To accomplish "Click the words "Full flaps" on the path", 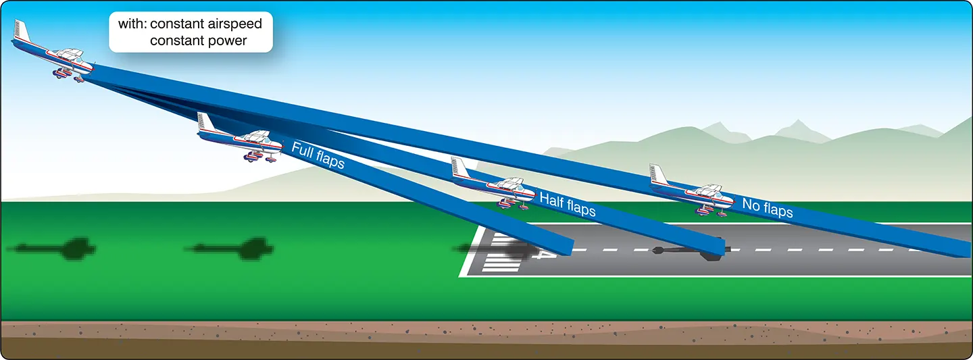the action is [x=318, y=155].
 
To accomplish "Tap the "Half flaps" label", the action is [x=568, y=205].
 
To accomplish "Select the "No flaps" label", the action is [x=768, y=207].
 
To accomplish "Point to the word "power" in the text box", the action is [x=226, y=41].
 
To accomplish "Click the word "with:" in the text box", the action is [x=131, y=24].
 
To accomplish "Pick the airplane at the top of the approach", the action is [x=53, y=52].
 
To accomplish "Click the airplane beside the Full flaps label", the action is [x=239, y=137].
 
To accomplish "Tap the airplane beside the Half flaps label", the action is [x=493, y=183].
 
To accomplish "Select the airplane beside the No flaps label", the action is [x=691, y=190].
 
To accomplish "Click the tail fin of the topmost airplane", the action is [x=22, y=30].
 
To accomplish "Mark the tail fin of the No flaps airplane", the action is [x=659, y=174].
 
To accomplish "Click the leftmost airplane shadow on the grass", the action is [x=52, y=249].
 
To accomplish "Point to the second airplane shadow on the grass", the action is [x=230, y=249].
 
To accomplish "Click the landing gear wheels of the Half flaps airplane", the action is [x=513, y=204].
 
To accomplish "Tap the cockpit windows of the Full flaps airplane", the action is [x=257, y=136].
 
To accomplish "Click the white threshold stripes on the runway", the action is [x=501, y=252].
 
